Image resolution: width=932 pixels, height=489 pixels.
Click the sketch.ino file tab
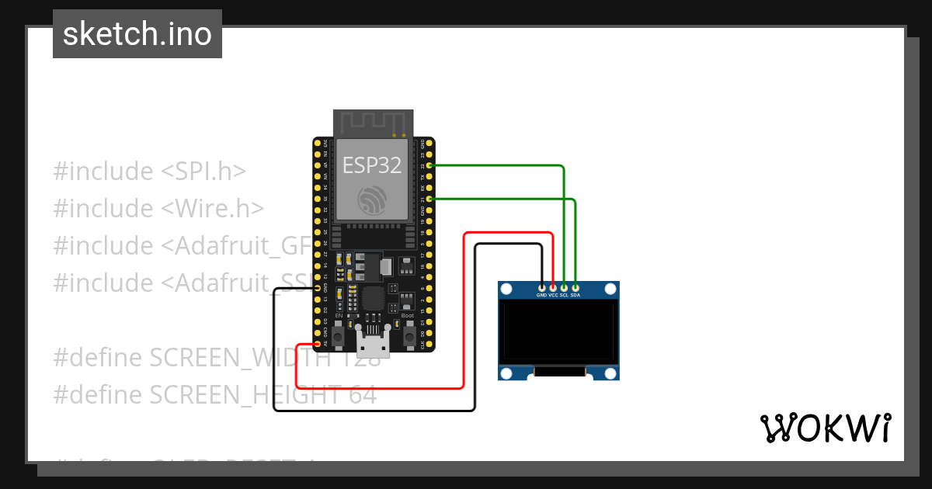(137, 34)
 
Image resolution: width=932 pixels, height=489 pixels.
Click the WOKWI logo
(825, 428)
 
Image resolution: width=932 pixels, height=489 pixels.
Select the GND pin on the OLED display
(541, 288)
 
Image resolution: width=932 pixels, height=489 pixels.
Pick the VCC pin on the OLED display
(553, 288)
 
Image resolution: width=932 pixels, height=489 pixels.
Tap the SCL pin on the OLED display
(564, 288)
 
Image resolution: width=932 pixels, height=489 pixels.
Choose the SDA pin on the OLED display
(575, 288)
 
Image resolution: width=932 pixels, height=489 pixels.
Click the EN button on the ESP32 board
(339, 335)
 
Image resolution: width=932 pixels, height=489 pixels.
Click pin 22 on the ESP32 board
(430, 165)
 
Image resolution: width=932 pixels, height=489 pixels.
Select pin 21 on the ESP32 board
(430, 199)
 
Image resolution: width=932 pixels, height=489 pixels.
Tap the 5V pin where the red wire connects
(317, 344)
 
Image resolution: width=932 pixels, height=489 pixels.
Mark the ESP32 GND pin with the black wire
(317, 288)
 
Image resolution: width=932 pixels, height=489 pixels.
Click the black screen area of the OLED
(558, 332)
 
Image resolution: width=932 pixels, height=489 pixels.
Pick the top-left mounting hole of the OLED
(507, 290)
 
